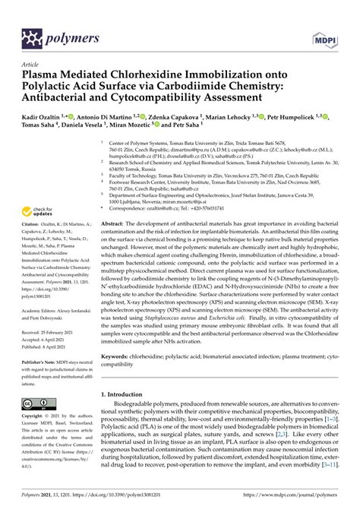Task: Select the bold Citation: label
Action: [x=32, y=238]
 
